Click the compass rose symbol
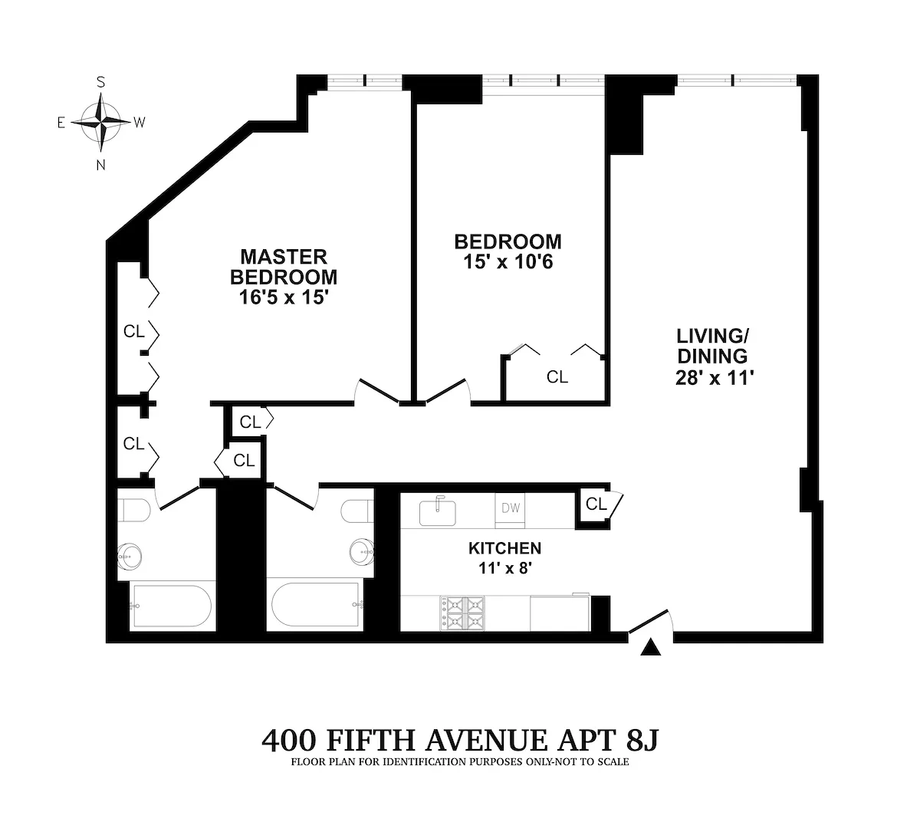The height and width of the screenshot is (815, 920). tap(100, 123)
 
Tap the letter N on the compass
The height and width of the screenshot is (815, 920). tap(100, 165)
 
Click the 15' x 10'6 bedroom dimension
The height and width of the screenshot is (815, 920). tap(508, 261)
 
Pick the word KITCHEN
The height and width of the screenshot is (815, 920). tap(504, 548)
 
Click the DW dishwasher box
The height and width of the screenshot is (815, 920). tap(510, 508)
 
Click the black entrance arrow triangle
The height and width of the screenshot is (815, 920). tap(650, 649)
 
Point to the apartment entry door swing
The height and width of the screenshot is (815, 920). tap(652, 621)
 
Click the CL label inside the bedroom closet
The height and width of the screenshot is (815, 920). tap(557, 377)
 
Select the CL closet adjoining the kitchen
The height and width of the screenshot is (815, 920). tap(596, 504)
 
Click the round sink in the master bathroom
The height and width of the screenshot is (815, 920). tap(128, 554)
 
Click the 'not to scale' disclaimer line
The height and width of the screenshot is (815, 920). tap(460, 763)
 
